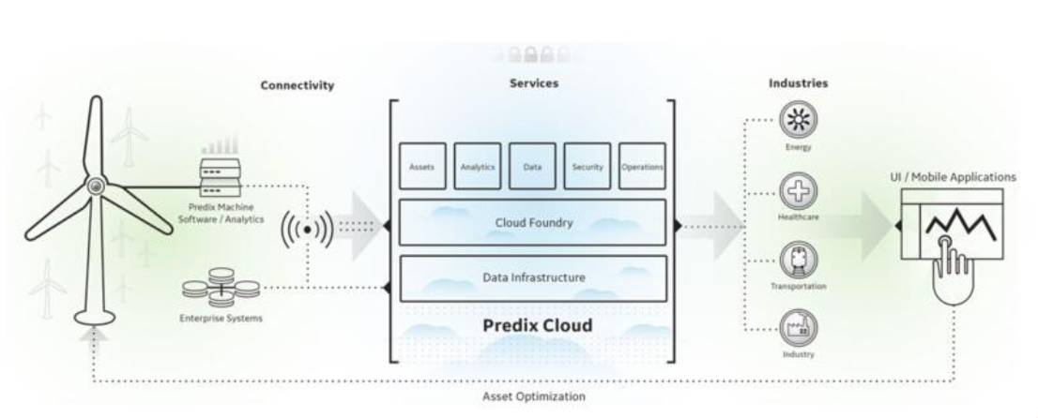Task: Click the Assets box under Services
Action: coord(421,166)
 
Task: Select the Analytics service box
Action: coord(477,166)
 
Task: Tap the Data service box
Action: coord(532,166)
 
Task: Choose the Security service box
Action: coord(588,166)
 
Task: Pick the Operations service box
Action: coord(643,166)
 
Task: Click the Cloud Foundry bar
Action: coord(533,222)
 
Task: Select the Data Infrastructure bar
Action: coord(533,277)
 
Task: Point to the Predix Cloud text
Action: coord(538,325)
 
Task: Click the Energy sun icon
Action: coord(799,119)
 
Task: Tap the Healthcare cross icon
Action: coord(799,191)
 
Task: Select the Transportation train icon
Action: coord(799,258)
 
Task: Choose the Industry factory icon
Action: coord(799,326)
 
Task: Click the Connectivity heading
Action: coord(297,85)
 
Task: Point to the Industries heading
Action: coord(798,82)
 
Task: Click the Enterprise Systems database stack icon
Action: coord(221,286)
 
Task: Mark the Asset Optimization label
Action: coord(533,396)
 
